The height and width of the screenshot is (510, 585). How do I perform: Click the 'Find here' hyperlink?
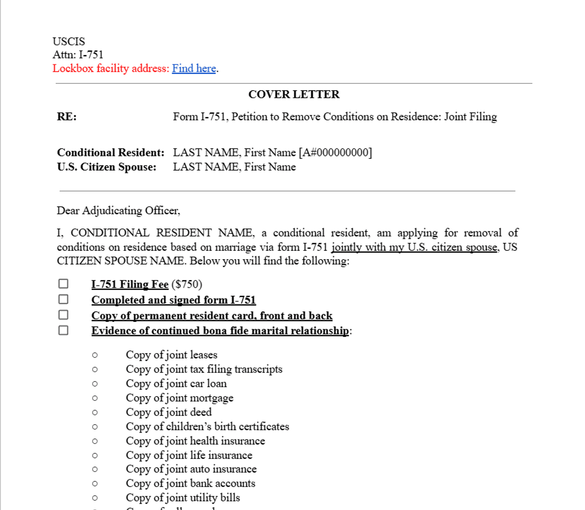[194, 69]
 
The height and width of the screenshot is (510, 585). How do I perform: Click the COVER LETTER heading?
[293, 94]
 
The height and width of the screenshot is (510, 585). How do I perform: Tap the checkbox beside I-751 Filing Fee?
[63, 284]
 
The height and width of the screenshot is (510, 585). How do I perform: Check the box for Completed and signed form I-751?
[63, 300]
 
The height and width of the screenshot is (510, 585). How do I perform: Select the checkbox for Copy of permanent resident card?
[63, 315]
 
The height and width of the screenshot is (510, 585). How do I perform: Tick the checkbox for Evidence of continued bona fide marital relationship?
[63, 331]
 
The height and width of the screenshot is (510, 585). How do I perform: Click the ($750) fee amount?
[187, 284]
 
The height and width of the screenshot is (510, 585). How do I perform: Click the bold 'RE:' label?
[67, 117]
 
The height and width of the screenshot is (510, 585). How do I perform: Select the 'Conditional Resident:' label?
[111, 153]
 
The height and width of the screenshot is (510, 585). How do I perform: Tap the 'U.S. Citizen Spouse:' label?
[107, 167]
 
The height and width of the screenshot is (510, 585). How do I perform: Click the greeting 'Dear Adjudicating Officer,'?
[118, 211]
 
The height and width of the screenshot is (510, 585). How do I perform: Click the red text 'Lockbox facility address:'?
[111, 69]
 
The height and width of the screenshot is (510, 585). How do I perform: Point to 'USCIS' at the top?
[69, 42]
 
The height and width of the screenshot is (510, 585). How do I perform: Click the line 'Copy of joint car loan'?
[176, 384]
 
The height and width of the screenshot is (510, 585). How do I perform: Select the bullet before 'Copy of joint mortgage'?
[95, 398]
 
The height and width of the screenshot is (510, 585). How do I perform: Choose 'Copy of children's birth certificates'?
[207, 427]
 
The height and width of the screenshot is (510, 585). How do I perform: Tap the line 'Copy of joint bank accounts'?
[190, 484]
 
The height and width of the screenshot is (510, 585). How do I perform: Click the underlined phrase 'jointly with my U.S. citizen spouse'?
[414, 247]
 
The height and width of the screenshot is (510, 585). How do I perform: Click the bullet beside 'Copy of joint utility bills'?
[95, 498]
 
